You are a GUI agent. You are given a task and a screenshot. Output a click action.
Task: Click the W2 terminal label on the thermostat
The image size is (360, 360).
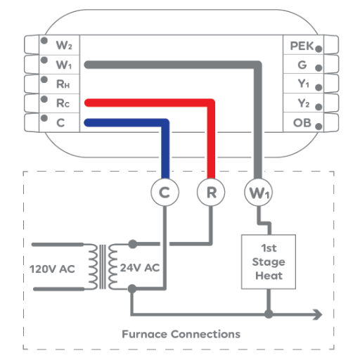64,45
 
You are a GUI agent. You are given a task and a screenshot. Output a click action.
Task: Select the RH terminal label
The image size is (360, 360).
63,84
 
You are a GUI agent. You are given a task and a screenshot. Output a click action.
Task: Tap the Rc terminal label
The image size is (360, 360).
63,103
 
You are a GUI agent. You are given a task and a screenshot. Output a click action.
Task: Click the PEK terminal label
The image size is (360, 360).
302,46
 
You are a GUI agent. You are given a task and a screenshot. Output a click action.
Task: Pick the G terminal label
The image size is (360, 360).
302,65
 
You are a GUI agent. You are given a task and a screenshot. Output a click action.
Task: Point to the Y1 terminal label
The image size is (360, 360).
304,84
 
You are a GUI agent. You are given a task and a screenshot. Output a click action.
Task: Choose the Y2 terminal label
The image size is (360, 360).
304,103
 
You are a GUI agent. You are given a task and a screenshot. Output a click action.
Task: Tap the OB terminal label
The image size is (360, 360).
302,122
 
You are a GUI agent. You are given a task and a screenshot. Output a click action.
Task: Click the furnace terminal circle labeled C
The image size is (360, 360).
165,193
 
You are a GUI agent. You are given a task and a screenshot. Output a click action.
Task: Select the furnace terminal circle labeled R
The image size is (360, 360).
211,193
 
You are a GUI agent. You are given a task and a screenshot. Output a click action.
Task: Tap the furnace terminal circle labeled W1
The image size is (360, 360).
258,193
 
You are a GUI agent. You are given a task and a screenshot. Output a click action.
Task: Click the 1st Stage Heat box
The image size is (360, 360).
269,262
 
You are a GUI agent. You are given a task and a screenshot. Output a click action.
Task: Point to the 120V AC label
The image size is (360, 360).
52,269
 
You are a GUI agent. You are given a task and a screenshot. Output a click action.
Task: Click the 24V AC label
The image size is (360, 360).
140,268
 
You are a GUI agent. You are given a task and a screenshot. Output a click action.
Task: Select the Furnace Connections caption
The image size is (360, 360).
181,334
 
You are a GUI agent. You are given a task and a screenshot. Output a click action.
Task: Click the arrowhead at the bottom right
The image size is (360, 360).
318,314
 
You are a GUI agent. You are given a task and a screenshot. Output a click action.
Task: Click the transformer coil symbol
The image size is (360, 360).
103,266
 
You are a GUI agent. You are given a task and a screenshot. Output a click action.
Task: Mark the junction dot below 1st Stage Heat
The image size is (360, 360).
269,314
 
